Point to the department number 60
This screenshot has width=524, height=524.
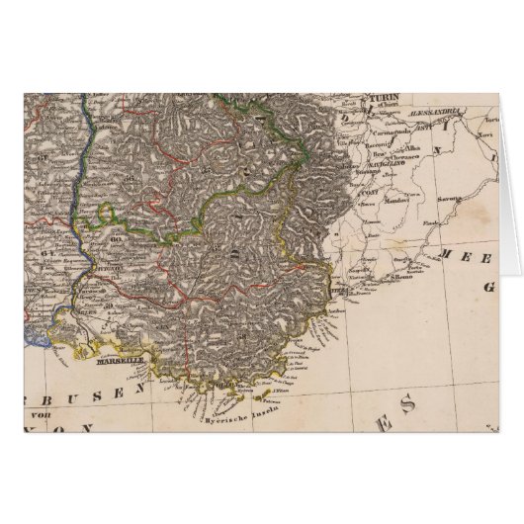point(116,237)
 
